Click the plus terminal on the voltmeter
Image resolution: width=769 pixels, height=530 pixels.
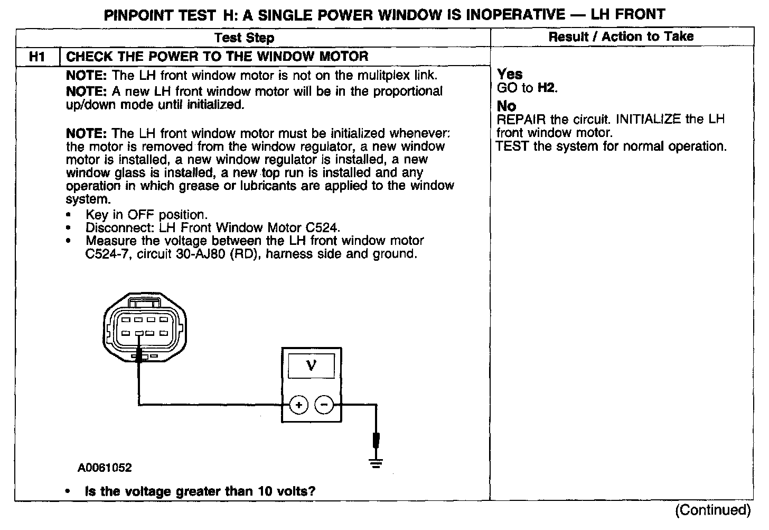299,406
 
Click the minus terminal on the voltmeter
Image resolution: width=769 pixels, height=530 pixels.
324,406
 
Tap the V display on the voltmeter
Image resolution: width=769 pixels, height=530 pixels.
311,365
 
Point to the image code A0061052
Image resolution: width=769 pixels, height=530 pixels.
105,468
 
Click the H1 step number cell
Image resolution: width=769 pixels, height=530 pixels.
37,57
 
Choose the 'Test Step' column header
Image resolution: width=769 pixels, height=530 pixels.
245,38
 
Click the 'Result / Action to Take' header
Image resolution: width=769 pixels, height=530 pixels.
621,36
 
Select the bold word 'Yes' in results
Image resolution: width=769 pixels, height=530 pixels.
510,74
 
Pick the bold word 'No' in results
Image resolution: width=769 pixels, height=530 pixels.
507,106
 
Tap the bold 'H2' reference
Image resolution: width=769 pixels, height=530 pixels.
547,88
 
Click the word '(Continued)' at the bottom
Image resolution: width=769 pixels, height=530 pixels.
712,510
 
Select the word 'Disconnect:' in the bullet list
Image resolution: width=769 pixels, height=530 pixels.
112,228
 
